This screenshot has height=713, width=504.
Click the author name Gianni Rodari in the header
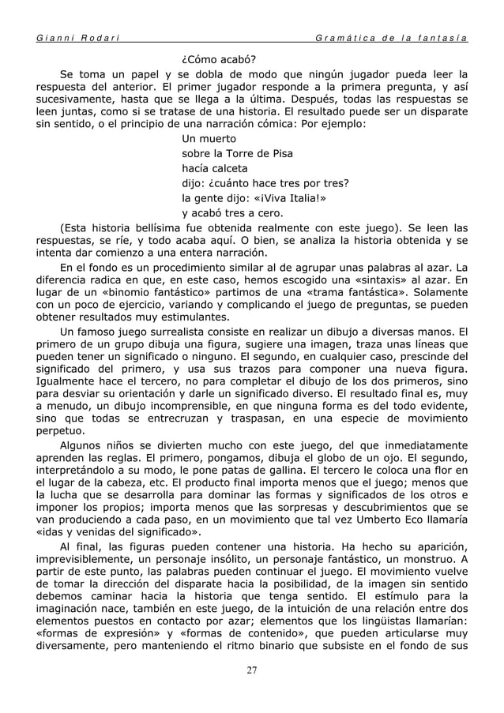coord(75,38)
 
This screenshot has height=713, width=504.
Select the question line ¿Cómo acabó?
coord(218,58)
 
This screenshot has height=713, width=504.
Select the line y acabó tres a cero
coord(233,213)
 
